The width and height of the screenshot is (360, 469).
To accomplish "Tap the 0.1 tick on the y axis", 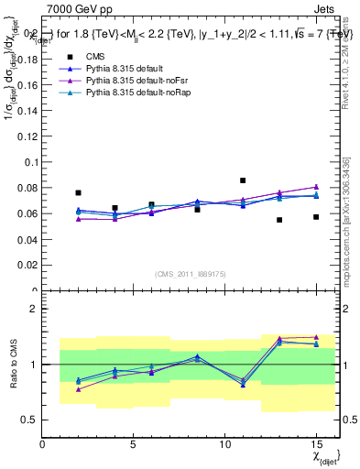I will pos(30,162).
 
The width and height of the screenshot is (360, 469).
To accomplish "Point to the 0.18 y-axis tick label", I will pos(27,59).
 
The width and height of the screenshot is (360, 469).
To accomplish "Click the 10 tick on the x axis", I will pos(225,444).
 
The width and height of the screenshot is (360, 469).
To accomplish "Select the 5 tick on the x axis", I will pos(135,444).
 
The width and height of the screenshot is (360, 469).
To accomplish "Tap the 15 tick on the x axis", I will pos(316,444).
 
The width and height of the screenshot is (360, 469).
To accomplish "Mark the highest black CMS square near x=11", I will pos(243,180).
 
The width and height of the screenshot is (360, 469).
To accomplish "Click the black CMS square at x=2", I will pos(79,193).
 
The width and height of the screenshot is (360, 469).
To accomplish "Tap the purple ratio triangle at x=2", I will pos(79,389).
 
